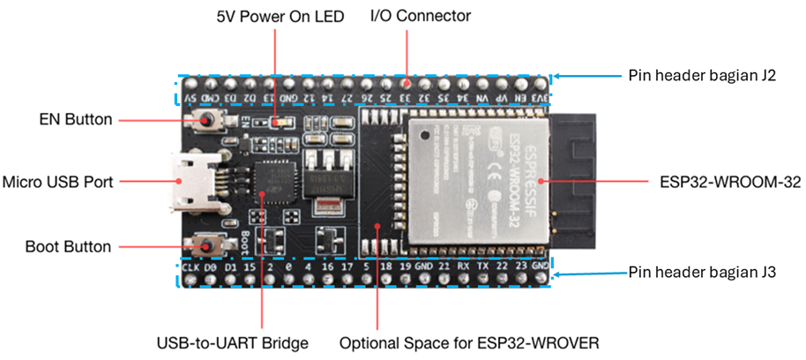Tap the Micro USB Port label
(x=59, y=182)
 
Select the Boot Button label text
(x=69, y=247)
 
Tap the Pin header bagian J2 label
(x=701, y=76)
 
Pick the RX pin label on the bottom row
(x=462, y=266)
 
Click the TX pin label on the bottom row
(x=481, y=266)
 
